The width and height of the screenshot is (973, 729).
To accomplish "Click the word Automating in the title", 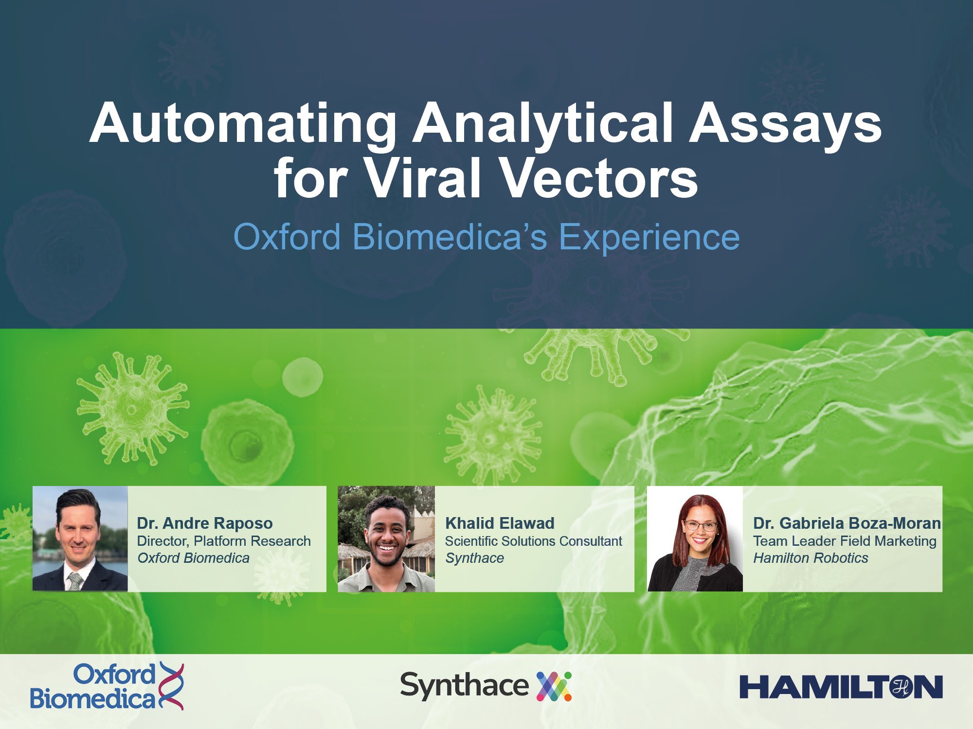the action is point(243,124).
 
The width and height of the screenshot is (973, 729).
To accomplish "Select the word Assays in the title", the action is point(785,124).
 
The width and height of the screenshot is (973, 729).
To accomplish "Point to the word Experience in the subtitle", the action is point(649,238).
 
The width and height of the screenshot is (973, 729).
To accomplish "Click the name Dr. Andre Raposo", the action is point(205,523).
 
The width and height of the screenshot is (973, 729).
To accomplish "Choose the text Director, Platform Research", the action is point(224,541).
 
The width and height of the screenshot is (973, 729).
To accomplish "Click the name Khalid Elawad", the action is point(500,523).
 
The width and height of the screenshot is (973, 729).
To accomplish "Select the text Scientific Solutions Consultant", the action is point(534,541).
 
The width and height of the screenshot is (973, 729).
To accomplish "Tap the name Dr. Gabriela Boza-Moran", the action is point(847,523).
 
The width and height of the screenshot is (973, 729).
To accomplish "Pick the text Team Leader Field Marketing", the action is point(845,541).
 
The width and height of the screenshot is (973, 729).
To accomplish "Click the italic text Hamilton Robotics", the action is point(811,558).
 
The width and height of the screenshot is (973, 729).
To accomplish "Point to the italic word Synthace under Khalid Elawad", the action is point(475,558).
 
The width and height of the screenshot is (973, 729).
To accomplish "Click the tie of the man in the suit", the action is point(75,581).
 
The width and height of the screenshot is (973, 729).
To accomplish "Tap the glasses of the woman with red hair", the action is point(700,525).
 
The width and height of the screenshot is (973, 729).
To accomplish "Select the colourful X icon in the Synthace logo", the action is point(554,686).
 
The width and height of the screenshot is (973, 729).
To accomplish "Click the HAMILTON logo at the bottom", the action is point(841,687).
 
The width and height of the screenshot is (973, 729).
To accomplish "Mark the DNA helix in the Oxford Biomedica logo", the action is point(171,686).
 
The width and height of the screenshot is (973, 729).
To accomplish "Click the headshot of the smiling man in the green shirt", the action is point(386,539).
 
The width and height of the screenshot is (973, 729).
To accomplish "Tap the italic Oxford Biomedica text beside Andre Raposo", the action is point(193,558).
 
